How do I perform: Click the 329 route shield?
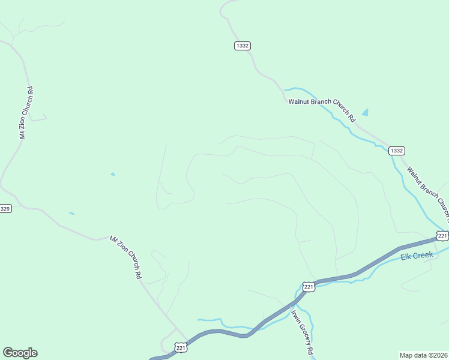[x=5, y=209]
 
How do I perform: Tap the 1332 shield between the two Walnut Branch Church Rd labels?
[x=396, y=151]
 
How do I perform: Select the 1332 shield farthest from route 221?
[x=243, y=46]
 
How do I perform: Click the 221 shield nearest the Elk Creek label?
[x=442, y=236]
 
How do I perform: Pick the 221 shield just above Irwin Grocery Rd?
[x=309, y=287]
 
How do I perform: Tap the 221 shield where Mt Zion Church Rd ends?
[x=181, y=347]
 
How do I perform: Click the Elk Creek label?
[x=417, y=256]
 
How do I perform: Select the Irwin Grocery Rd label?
[x=303, y=332]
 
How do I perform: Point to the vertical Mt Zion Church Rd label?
[x=26, y=113]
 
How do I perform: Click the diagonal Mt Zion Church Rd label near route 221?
[x=125, y=257]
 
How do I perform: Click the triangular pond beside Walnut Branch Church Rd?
[x=365, y=112]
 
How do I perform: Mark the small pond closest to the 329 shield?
[x=71, y=213]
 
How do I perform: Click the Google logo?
[x=20, y=353]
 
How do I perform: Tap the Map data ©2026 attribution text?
[x=423, y=355]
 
